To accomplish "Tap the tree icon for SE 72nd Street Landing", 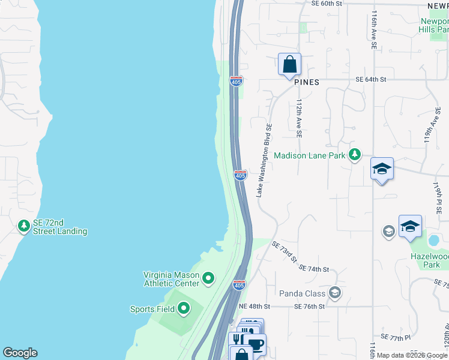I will coord(24,226).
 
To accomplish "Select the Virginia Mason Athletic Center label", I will coord(171,279).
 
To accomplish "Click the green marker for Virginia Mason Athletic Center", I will coord(208,278).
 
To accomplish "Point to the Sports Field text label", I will coord(152,310).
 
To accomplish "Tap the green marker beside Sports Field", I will coord(184,309).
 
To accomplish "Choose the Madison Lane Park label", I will coord(310,155).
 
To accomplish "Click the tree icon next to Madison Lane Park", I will coord(355,155).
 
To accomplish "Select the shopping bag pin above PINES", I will coord(289,64).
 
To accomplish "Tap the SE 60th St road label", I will coord(327,4).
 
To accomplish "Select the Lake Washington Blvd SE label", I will coord(265,161).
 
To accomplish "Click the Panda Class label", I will coord(303,293).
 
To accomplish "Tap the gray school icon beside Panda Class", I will coord(335,293).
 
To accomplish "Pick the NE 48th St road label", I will coord(255,306).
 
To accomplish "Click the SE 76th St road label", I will coord(309,306).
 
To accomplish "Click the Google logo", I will coord(20,353).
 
